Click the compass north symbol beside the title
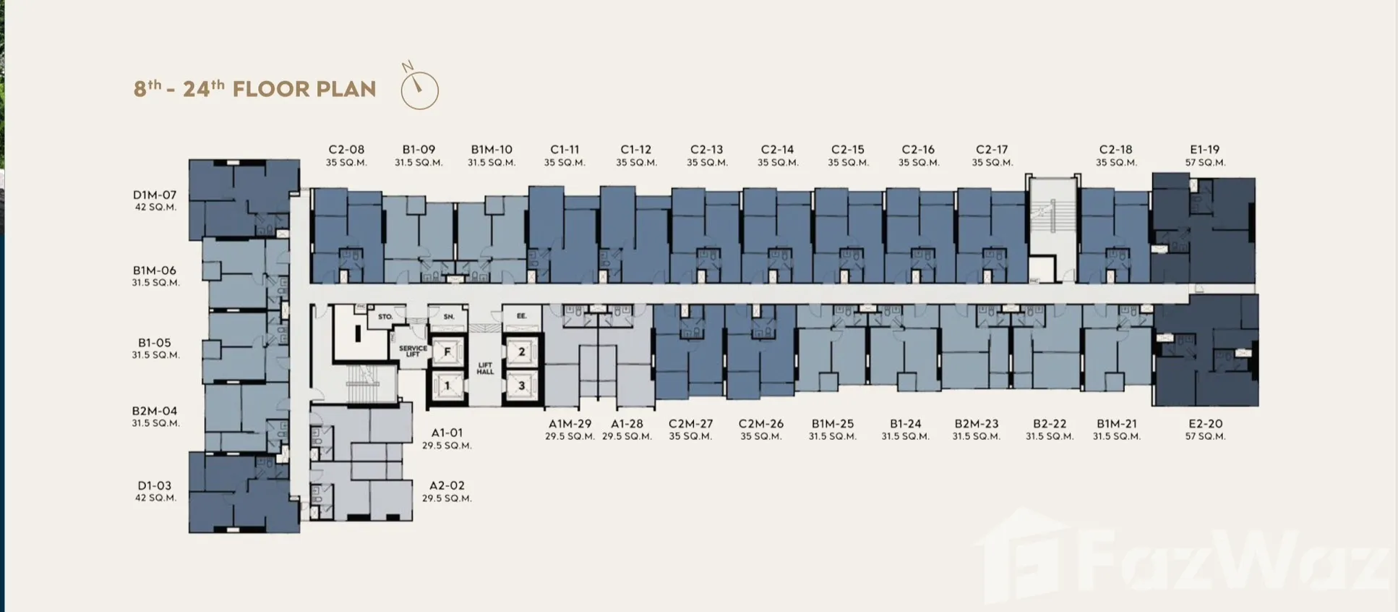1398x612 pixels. (x=419, y=87)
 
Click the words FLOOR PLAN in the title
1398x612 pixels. (x=304, y=89)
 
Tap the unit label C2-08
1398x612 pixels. (x=346, y=150)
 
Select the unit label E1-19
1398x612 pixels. (x=1205, y=150)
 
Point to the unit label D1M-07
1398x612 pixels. (x=155, y=195)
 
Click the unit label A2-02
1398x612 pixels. (x=447, y=485)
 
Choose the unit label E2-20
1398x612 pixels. (x=1205, y=424)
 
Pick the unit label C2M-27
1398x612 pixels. (x=690, y=424)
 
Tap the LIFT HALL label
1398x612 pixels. (x=485, y=368)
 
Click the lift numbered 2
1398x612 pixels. (x=521, y=352)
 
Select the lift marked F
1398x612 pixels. (x=447, y=352)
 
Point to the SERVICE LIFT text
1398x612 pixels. (x=413, y=351)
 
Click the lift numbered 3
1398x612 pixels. (x=521, y=386)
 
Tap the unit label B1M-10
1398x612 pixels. (x=492, y=150)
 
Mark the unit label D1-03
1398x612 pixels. (x=155, y=485)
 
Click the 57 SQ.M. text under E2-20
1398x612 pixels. (x=1205, y=437)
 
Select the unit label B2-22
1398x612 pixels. (x=1050, y=424)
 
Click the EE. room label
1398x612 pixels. (x=522, y=316)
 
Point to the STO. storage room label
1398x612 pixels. (x=385, y=317)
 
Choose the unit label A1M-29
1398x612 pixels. (x=570, y=424)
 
